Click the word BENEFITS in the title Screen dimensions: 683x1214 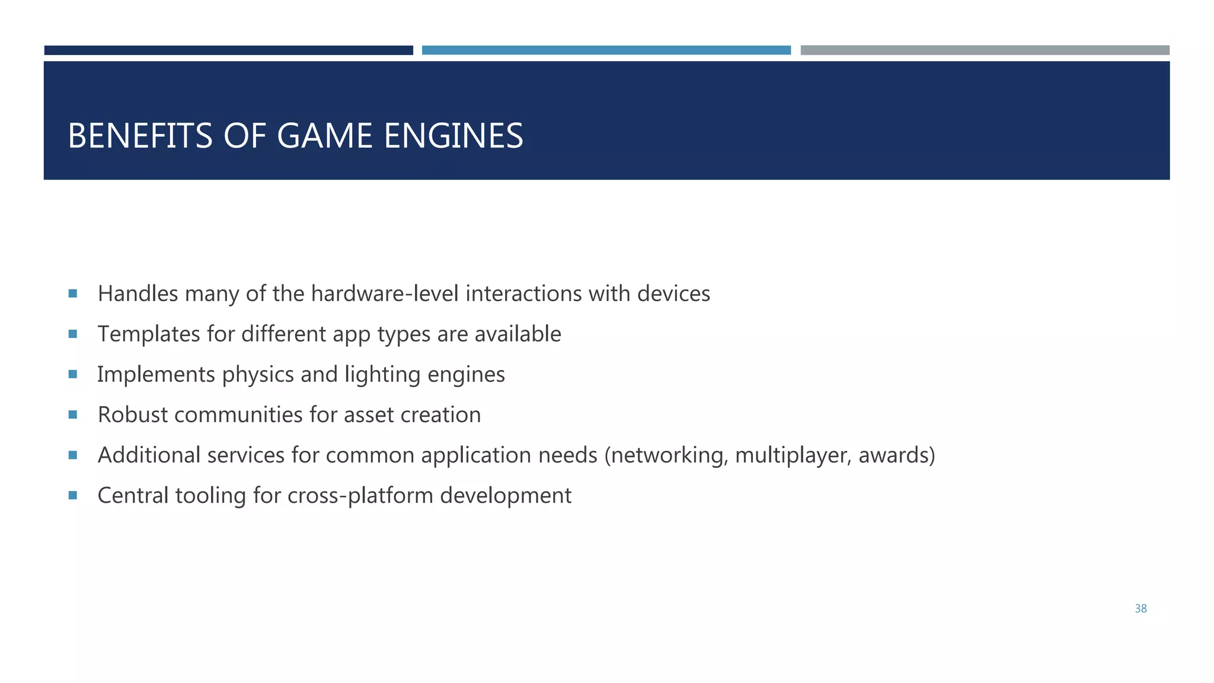tap(140, 136)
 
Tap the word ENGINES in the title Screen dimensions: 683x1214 tap(453, 136)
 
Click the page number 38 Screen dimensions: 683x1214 tap(1140, 609)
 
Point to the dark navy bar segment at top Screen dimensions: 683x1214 tap(229, 50)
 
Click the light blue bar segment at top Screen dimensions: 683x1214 tap(606, 50)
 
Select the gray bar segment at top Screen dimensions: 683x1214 tap(985, 50)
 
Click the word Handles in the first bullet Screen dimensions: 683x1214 tap(138, 294)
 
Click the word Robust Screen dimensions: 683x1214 tap(133, 415)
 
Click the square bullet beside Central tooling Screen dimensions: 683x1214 tap(73, 495)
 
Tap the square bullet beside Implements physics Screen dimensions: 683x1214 tap(73, 374)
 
